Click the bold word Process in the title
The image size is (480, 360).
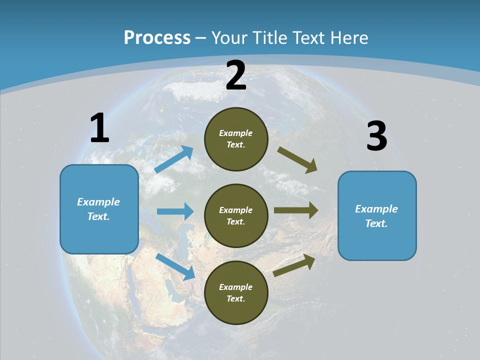click(157, 38)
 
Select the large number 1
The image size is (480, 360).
click(99, 128)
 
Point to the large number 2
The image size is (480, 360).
click(236, 76)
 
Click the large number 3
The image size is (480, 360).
click(376, 136)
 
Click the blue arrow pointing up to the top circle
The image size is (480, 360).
click(174, 159)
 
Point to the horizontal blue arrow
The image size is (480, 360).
click(175, 211)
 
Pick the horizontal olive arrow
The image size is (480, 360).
click(296, 210)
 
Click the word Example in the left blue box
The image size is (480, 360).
click(98, 202)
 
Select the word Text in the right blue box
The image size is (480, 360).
click(376, 223)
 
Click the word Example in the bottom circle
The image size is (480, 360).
click(235, 287)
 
